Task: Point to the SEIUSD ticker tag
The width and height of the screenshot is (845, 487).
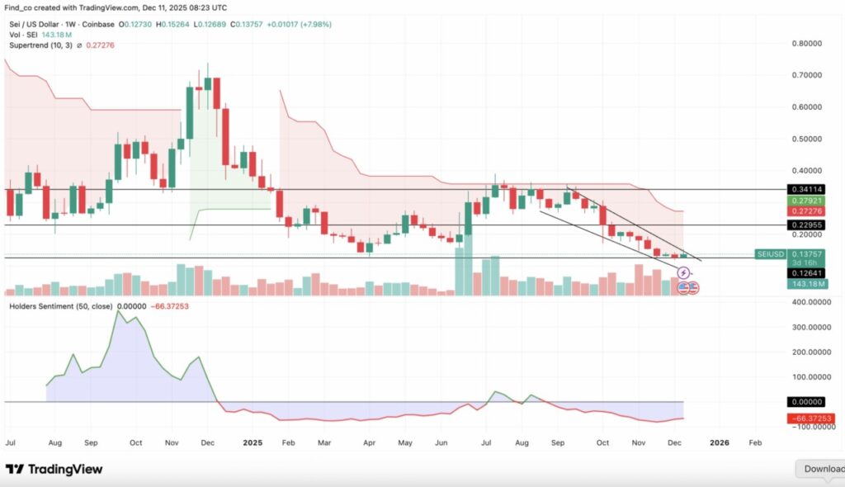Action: (x=771, y=254)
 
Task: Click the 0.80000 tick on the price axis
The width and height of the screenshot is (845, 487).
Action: (x=809, y=43)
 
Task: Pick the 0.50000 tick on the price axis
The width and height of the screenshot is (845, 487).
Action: (x=809, y=139)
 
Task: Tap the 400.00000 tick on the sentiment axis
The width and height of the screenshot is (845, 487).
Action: (x=810, y=302)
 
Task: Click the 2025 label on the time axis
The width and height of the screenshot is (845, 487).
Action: (x=253, y=442)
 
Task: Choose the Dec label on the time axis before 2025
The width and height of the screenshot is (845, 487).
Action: (x=208, y=442)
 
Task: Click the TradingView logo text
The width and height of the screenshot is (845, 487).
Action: (x=65, y=469)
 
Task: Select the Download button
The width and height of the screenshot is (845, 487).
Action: (x=822, y=469)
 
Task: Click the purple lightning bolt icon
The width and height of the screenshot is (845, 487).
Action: (x=682, y=272)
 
